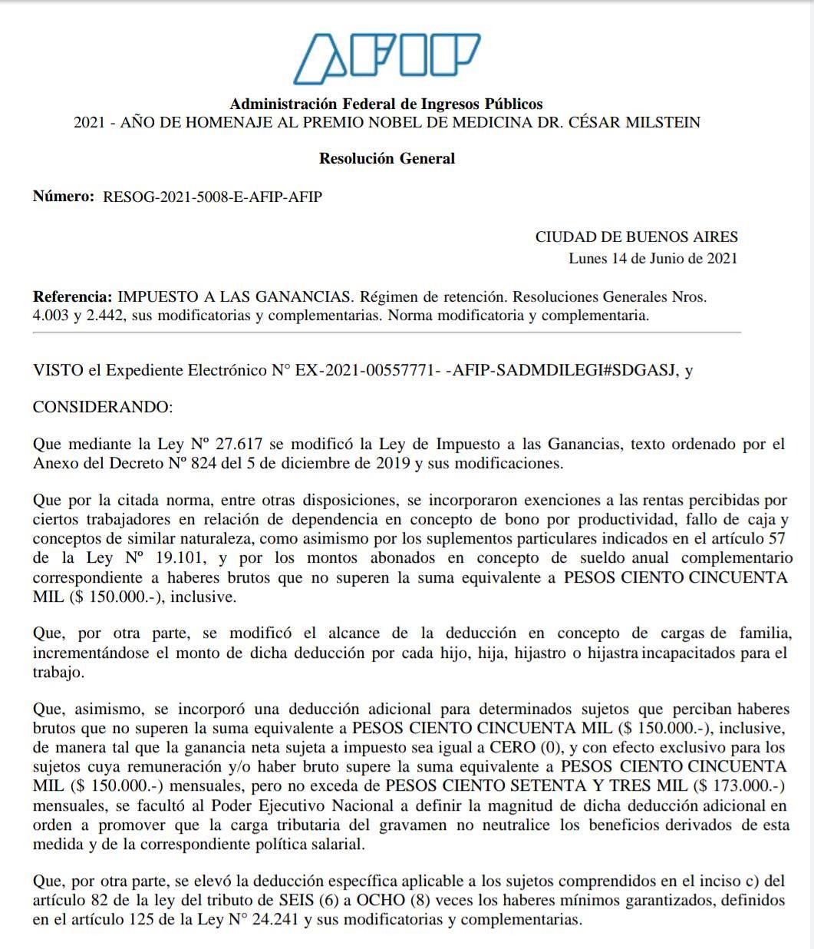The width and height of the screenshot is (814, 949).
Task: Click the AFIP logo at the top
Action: coord(387,58)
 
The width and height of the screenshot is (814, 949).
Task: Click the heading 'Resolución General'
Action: coord(387,159)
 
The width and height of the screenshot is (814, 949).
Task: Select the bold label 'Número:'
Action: coord(63,197)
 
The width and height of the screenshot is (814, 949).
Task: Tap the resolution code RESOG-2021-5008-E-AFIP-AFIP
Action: coord(213,197)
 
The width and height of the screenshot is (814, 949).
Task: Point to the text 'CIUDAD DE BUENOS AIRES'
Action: coord(636,237)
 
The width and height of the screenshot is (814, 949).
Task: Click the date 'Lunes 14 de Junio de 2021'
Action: coord(652,258)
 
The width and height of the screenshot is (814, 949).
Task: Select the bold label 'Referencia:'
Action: coord(72,296)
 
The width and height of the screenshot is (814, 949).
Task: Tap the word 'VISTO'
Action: coord(58,370)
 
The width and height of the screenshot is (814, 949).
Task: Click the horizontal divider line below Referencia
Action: coord(387,332)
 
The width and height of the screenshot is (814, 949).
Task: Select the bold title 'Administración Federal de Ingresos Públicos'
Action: coord(387,104)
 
